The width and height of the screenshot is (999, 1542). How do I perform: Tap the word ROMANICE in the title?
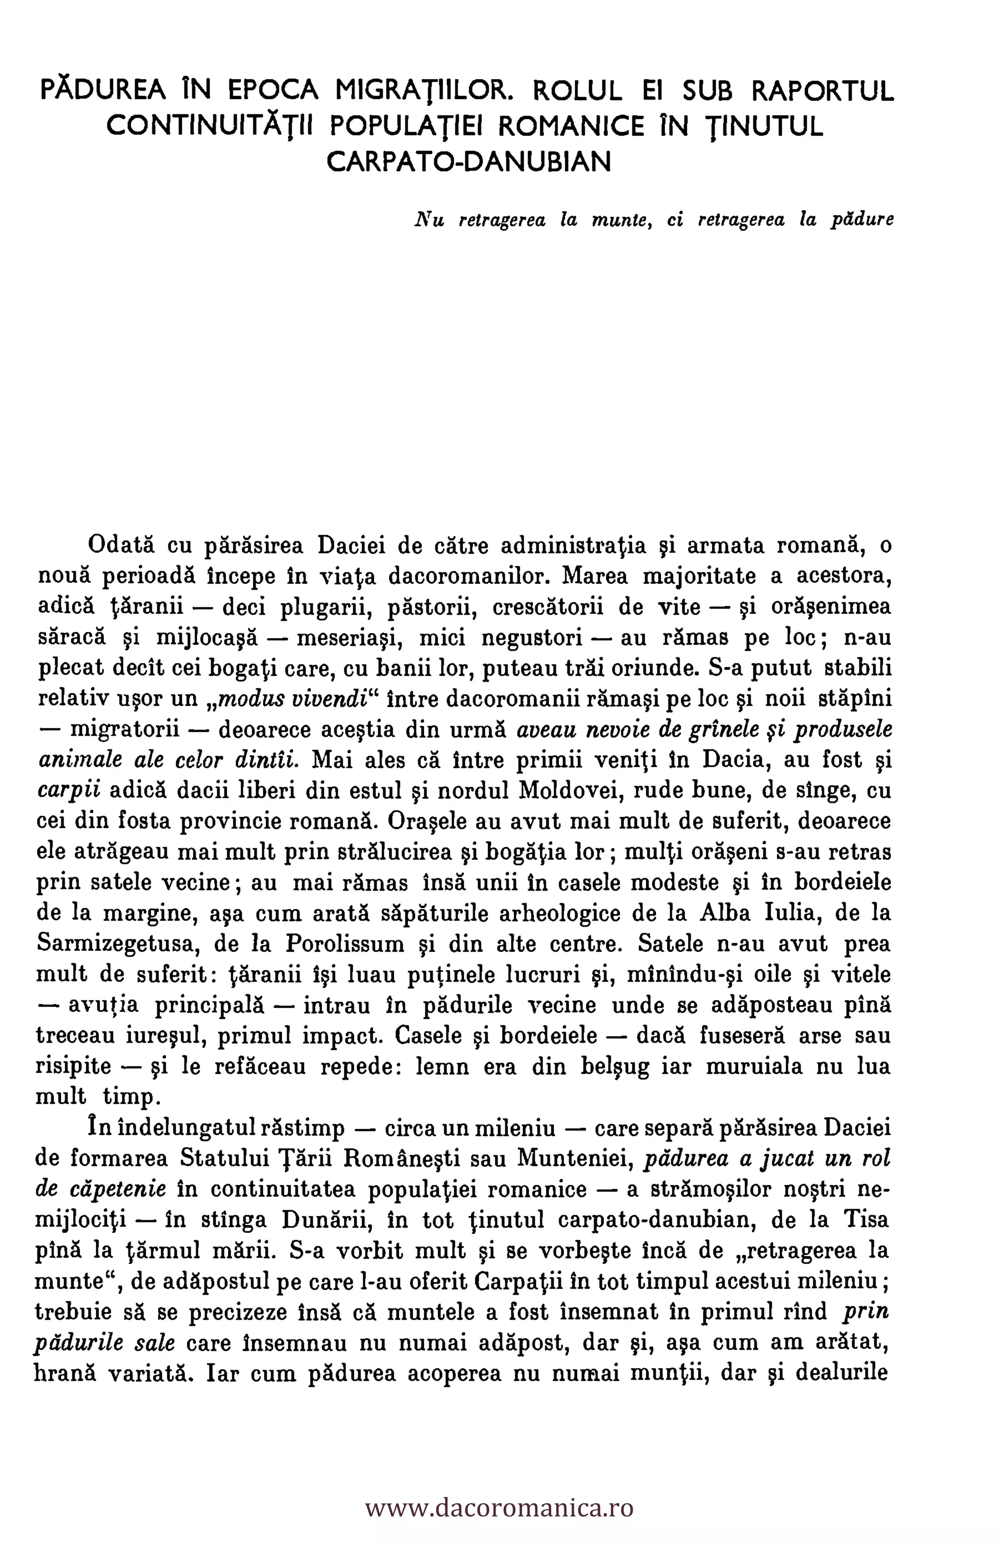pyautogui.click(x=572, y=126)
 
